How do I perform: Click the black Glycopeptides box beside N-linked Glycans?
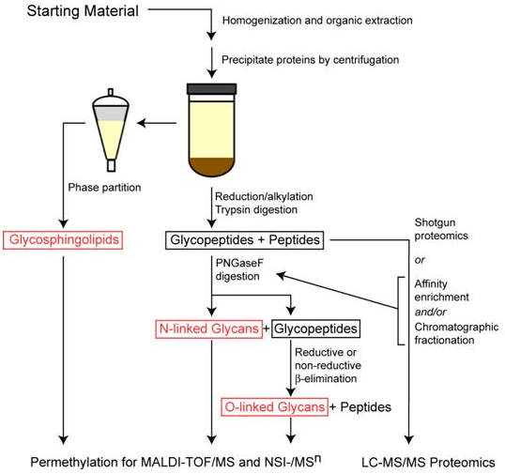click(x=317, y=329)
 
